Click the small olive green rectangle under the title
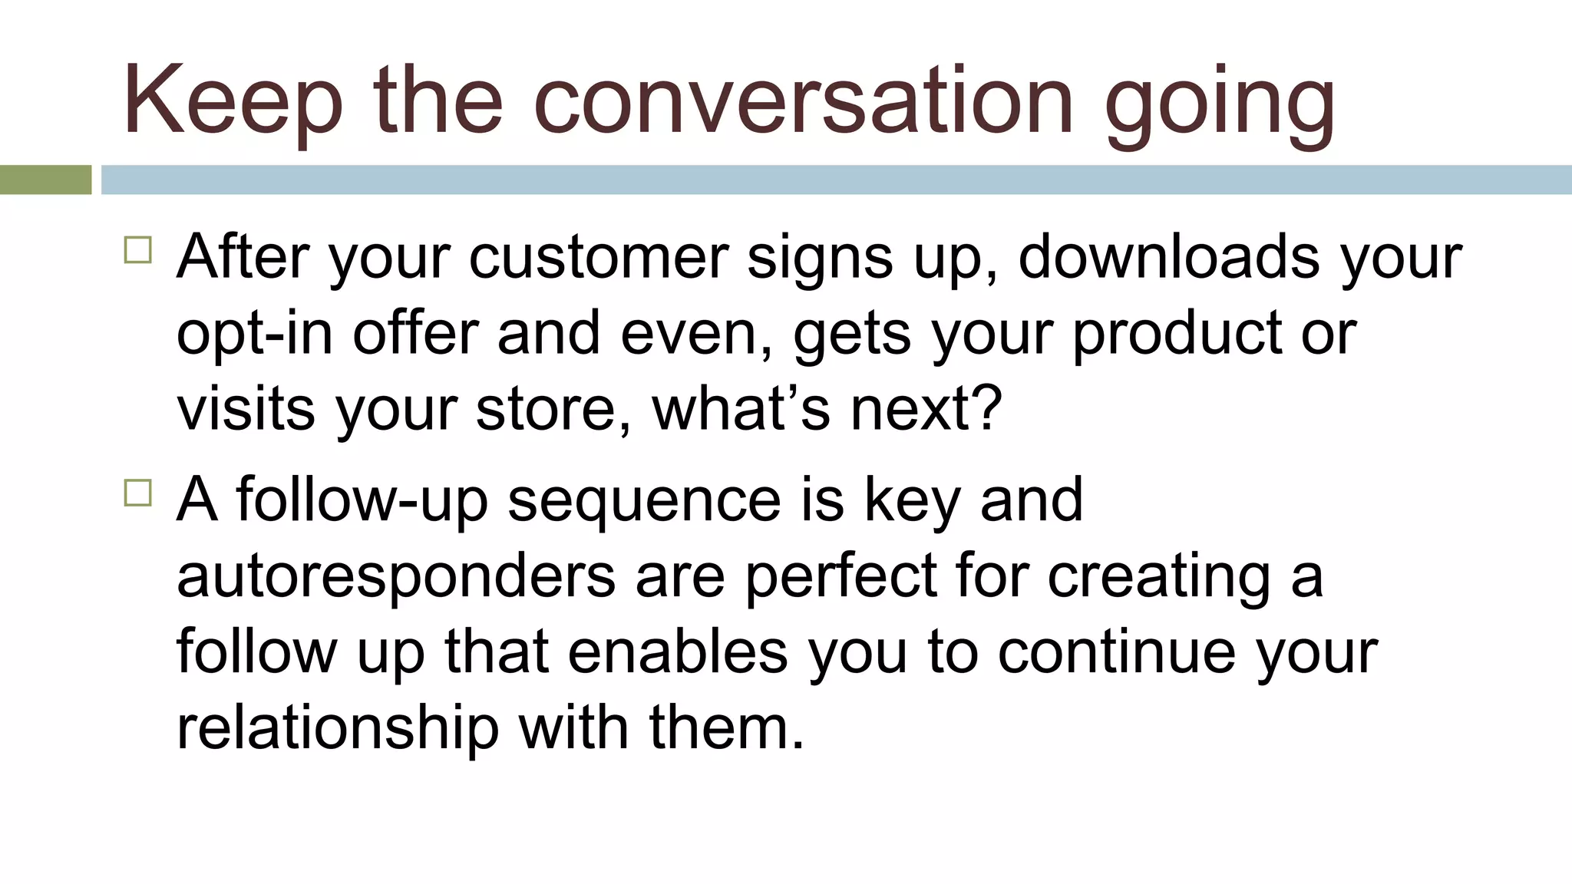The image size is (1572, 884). click(x=45, y=180)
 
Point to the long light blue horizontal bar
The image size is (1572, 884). click(x=836, y=180)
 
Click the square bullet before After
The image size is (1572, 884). click(x=138, y=250)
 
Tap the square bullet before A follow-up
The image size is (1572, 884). click(x=138, y=493)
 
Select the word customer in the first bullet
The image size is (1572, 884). click(x=598, y=257)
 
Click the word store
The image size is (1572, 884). click(x=553, y=409)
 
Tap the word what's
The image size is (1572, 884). click(x=741, y=409)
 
